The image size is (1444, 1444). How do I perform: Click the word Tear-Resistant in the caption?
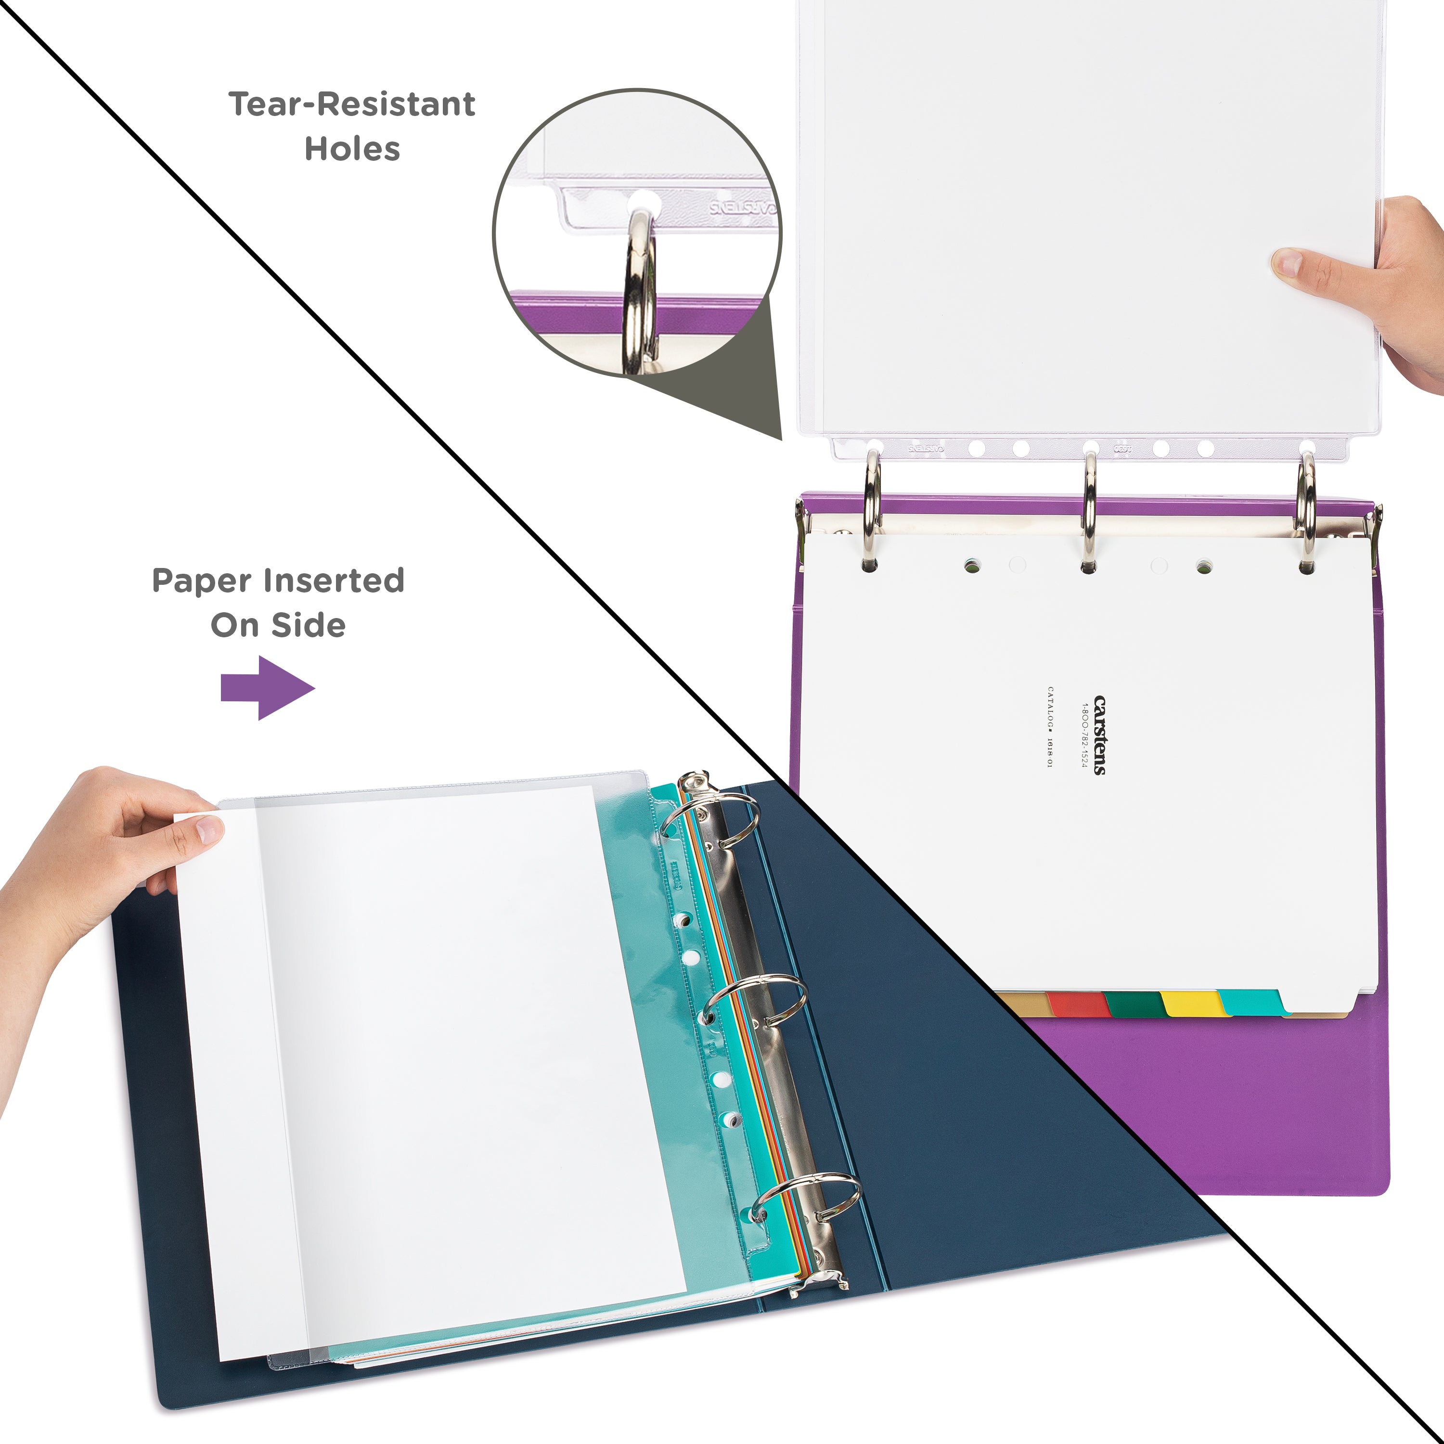[x=351, y=104]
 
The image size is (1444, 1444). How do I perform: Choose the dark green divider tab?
[x=1134, y=1004]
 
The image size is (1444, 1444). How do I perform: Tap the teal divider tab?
[x=1250, y=1002]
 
